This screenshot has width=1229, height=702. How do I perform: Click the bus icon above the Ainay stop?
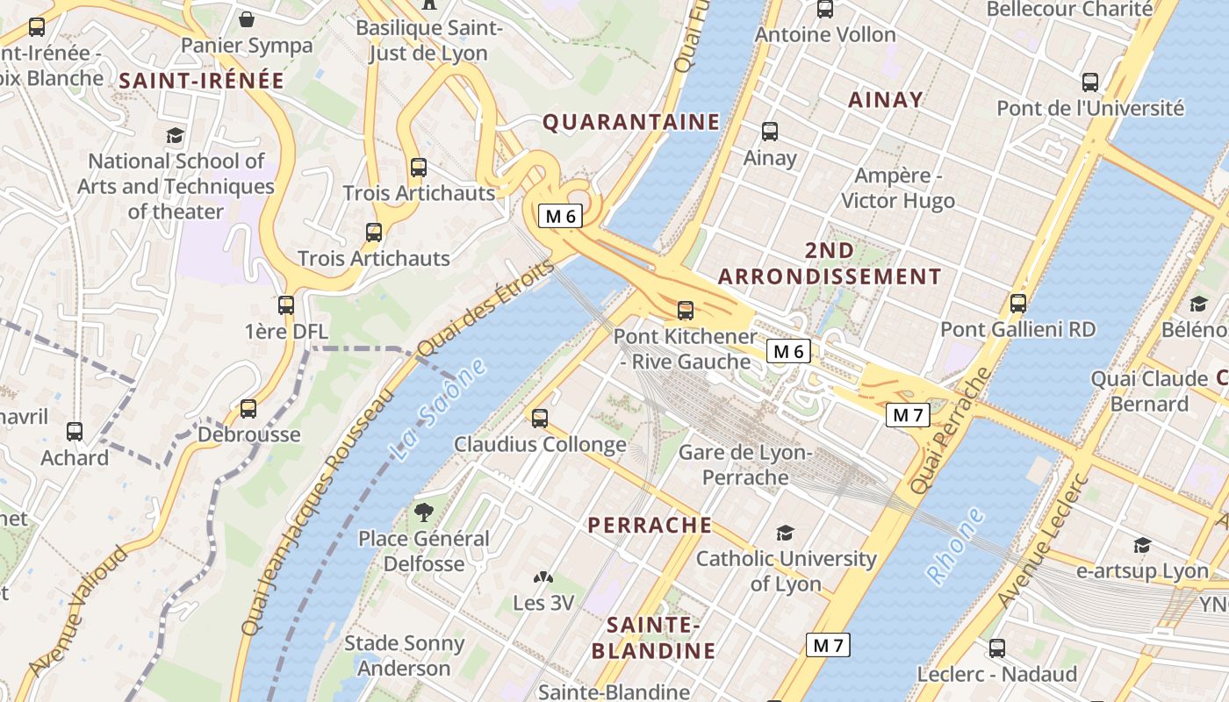pyautogui.click(x=770, y=132)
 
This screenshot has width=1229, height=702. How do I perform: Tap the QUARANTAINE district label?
pyautogui.click(x=631, y=122)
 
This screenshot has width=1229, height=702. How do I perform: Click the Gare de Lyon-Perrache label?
pyautogui.click(x=745, y=465)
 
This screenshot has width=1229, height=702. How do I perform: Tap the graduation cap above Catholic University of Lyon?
pyautogui.click(x=785, y=533)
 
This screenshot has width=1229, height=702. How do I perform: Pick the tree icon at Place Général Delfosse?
pyautogui.click(x=424, y=512)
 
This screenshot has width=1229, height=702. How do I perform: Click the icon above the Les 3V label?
pyautogui.click(x=543, y=578)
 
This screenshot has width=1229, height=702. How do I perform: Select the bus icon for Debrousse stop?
pyautogui.click(x=248, y=408)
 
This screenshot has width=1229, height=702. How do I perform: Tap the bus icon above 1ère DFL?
pyautogui.click(x=286, y=305)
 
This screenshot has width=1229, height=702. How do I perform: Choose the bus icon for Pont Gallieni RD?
pyautogui.click(x=1018, y=304)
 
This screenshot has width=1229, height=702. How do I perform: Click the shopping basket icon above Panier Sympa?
pyautogui.click(x=247, y=19)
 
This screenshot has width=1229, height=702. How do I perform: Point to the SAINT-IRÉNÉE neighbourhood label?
pyautogui.click(x=202, y=81)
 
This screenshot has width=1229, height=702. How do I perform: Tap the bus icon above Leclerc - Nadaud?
pyautogui.click(x=997, y=648)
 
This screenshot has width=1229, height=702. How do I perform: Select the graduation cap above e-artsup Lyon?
pyautogui.click(x=1142, y=546)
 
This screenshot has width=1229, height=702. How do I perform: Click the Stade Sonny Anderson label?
pyautogui.click(x=404, y=655)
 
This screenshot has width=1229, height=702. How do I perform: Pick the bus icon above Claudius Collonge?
pyautogui.click(x=540, y=419)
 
